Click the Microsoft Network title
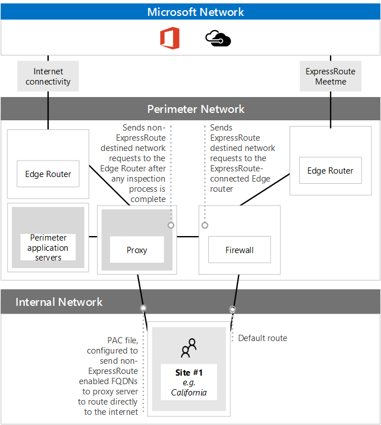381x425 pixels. [195, 12]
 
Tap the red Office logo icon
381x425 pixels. [169, 39]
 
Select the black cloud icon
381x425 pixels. [218, 39]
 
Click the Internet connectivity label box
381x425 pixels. [48, 77]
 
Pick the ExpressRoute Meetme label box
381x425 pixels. [330, 77]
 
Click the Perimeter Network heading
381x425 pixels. [195, 109]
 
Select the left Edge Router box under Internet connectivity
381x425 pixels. [48, 174]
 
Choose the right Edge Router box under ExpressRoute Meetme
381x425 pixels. [330, 170]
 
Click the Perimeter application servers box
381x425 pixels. [48, 247]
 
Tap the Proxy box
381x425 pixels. [137, 250]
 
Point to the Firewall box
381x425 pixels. [239, 250]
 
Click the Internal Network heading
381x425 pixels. [59, 302]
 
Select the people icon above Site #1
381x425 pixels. [189, 347]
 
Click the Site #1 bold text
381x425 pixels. [189, 373]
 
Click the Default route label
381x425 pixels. [262, 338]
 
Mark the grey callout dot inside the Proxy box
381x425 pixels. [170, 225]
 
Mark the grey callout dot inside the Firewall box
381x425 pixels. [205, 225]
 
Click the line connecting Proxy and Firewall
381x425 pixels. [187, 236]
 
